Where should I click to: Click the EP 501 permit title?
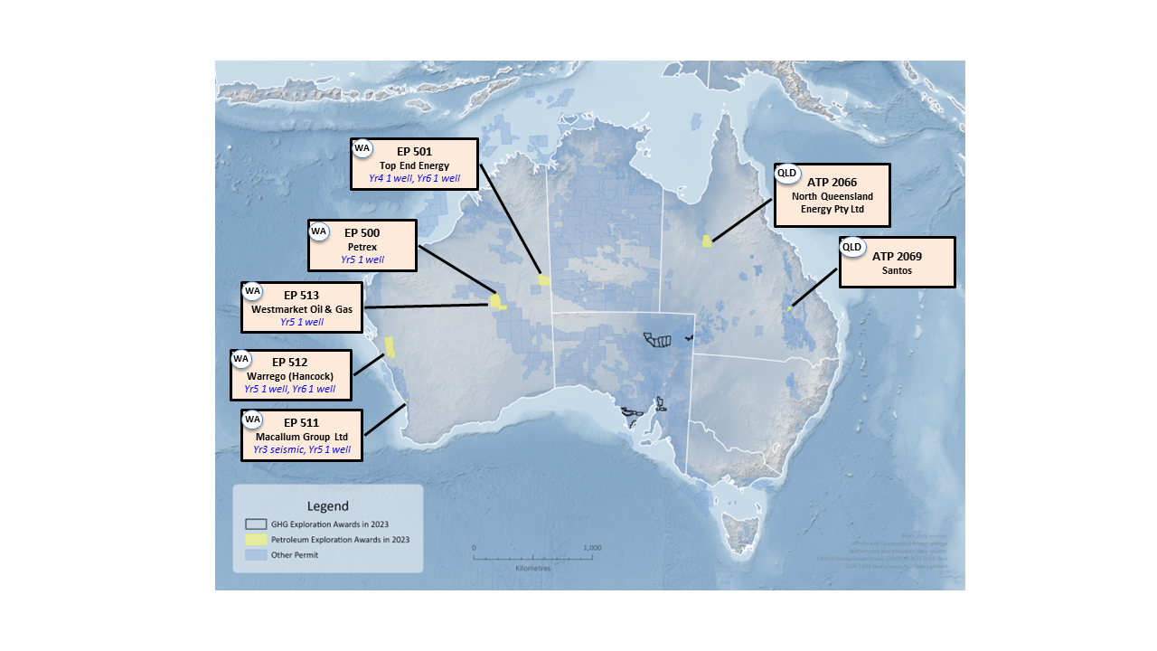414,152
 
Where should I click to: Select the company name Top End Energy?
414,165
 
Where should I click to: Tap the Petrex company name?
362,246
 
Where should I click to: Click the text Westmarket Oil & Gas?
302,308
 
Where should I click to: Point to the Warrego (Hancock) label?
289,376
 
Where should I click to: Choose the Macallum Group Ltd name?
302,437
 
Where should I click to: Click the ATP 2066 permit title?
832,182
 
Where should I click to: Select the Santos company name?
897,270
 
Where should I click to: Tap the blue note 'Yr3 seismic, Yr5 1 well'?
302,449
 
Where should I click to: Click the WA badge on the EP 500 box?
318,231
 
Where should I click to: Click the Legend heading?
327,506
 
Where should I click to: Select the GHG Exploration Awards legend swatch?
256,524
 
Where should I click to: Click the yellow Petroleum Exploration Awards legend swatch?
256,539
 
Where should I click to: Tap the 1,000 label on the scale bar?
592,548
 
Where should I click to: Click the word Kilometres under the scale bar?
532,569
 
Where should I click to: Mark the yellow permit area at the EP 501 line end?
544,280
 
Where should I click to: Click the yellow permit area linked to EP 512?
390,346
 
